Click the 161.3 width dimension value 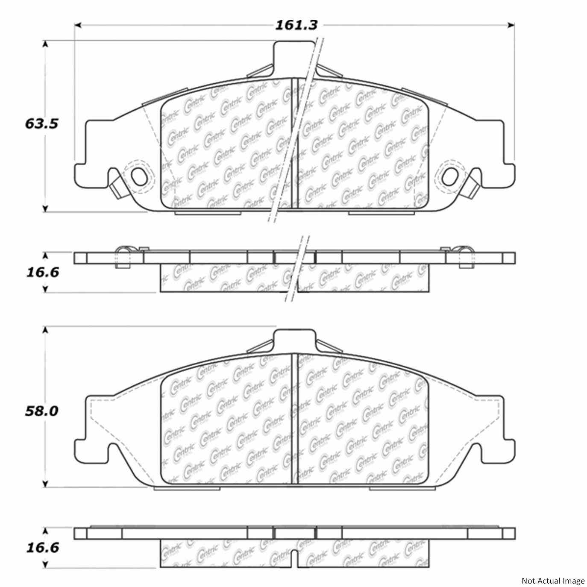point(296,25)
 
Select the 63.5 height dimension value point(41,124)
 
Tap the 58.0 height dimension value point(41,411)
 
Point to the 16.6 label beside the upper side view point(41,272)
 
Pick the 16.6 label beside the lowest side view point(41,548)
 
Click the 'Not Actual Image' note point(553,581)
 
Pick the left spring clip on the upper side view point(123,256)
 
